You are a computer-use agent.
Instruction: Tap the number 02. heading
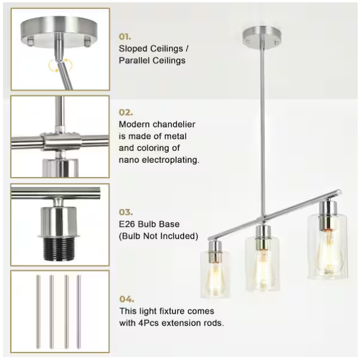click(126, 111)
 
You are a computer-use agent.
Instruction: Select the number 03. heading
click(126, 212)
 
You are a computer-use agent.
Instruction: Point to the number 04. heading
click(127, 298)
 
